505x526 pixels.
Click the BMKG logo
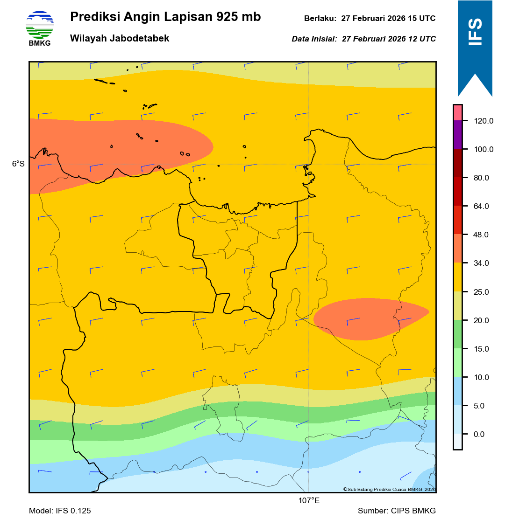coord(40,28)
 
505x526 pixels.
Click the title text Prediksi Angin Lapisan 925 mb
coord(165,17)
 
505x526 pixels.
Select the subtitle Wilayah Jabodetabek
coord(120,38)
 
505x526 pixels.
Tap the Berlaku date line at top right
coord(370,19)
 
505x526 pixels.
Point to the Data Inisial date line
coord(363,39)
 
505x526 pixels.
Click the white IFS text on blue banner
coord(475,32)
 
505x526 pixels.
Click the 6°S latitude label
coord(18,164)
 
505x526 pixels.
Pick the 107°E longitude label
coord(309,501)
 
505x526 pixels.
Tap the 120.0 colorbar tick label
coord(484,121)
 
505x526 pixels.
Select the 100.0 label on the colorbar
coord(484,150)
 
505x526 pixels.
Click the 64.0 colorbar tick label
coord(481,207)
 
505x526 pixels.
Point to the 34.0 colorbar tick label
coord(481,263)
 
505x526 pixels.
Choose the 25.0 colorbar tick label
coord(481,292)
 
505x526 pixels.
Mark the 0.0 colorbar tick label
coord(479,435)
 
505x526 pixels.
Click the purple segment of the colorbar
coord(457,135)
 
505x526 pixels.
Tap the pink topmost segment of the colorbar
coord(457,112)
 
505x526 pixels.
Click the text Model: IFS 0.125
coord(60,511)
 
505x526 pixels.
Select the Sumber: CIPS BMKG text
coord(397,511)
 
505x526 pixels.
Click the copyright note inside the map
coord(389,489)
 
